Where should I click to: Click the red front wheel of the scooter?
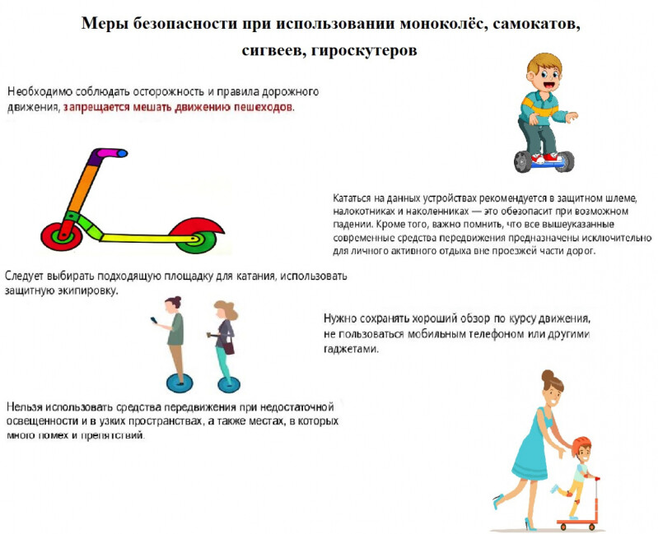[59, 234]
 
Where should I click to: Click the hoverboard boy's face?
[540, 74]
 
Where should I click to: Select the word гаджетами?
[351, 349]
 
